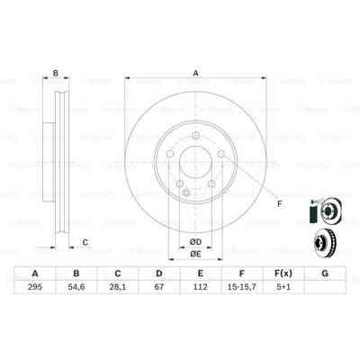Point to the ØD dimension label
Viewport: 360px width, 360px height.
[194, 240]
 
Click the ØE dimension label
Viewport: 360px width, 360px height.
[194, 255]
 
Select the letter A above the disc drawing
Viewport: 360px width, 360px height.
[194, 75]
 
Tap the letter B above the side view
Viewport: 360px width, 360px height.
[56, 75]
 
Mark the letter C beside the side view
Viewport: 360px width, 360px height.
[85, 241]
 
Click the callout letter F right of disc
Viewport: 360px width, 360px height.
[279, 204]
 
